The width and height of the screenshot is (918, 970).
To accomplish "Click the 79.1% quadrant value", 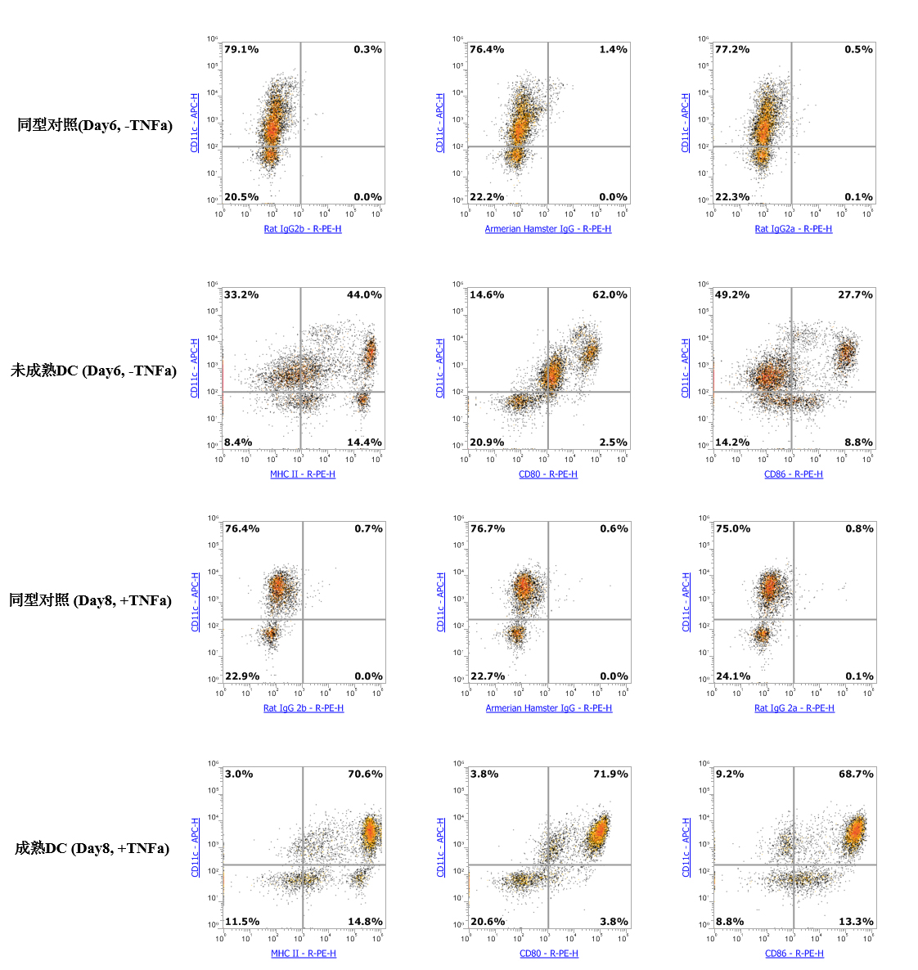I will [x=241, y=50].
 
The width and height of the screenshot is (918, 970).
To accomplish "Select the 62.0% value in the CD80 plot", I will [x=610, y=295].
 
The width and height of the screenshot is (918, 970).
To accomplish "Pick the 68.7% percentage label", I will [x=856, y=775].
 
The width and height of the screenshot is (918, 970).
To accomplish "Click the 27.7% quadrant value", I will [x=855, y=295].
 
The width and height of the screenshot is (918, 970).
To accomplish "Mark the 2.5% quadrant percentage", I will [x=613, y=442].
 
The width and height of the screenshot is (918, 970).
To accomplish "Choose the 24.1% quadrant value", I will [x=733, y=676].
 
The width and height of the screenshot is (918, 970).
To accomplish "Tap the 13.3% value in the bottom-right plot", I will [x=856, y=922].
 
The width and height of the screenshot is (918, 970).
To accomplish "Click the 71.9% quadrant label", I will [x=610, y=775].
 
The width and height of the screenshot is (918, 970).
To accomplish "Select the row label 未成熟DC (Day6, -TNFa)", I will [x=93, y=371].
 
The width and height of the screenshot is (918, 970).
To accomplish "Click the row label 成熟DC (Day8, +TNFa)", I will [x=92, y=849].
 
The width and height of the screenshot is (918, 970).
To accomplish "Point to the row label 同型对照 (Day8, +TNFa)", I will [x=90, y=601].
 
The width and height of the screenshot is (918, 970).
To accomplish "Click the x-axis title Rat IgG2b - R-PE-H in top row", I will [x=303, y=229].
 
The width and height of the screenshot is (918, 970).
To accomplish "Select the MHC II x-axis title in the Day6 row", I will [x=303, y=474].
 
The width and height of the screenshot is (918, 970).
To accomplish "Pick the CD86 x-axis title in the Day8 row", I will [x=794, y=954].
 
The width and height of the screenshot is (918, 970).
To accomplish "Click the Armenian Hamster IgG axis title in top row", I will [x=548, y=229].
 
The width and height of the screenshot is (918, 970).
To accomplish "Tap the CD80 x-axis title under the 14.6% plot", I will [x=548, y=474].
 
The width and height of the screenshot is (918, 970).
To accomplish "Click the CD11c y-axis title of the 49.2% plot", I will [x=686, y=368].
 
